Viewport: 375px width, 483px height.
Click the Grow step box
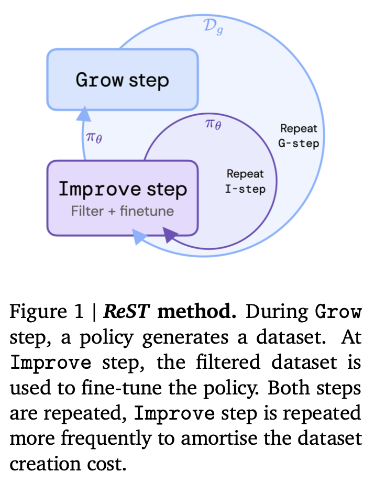click(123, 80)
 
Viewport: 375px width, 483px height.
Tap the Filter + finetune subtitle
click(123, 211)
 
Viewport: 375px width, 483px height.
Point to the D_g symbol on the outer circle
click(213, 27)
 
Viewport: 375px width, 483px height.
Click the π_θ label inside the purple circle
click(213, 124)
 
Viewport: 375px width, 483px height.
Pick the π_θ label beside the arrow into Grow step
click(94, 137)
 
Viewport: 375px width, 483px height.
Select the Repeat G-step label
click(299, 136)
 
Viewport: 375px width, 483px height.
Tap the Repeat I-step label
click(245, 181)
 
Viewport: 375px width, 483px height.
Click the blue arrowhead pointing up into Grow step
click(84, 114)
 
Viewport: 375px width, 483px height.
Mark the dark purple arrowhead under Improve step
click(169, 235)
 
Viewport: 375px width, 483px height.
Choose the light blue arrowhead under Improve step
click(139, 236)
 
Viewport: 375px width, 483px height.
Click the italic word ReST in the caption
click(126, 311)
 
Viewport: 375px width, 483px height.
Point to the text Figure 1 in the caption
click(47, 311)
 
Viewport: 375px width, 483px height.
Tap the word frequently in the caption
click(106, 439)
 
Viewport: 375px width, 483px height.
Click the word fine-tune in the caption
click(122, 388)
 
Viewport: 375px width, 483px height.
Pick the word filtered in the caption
click(228, 362)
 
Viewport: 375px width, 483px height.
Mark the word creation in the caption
click(43, 464)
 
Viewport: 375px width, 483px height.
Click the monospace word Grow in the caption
click(338, 312)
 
